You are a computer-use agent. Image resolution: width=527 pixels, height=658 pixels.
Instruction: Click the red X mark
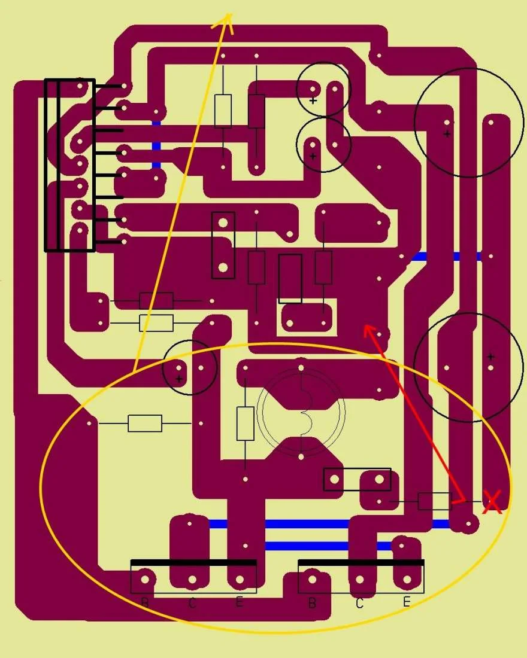(492, 502)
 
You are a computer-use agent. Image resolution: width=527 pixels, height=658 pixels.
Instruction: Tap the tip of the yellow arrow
(230, 13)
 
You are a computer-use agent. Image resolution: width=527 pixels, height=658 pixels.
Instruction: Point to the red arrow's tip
(364, 325)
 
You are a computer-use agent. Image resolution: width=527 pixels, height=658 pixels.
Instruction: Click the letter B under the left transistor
(145, 602)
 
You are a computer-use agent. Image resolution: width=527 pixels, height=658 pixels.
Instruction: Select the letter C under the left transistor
(192, 603)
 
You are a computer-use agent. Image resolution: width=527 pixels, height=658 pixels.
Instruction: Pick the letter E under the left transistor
(240, 602)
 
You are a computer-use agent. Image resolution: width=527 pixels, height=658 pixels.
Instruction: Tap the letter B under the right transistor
(312, 602)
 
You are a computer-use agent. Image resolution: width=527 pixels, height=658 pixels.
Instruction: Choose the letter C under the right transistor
(359, 603)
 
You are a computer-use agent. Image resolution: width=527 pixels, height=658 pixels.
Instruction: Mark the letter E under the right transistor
(407, 602)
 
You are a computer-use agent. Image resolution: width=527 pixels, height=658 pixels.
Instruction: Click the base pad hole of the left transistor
(145, 580)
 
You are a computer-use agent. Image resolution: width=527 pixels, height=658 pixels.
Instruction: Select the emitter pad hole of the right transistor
(407, 580)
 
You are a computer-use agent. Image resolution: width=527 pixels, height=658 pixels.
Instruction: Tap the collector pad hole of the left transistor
(192, 580)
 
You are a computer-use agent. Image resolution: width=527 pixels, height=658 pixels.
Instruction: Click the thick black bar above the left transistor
(193, 562)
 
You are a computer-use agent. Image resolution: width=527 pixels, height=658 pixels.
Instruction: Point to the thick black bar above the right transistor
(361, 562)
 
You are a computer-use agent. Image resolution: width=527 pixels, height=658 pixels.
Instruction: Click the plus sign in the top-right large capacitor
(447, 134)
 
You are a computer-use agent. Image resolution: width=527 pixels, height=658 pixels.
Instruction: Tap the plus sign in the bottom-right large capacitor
(490, 357)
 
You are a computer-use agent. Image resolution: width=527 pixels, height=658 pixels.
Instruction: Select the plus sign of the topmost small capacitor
(313, 100)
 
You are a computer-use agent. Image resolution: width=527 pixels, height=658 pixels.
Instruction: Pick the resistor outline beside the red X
(435, 501)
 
